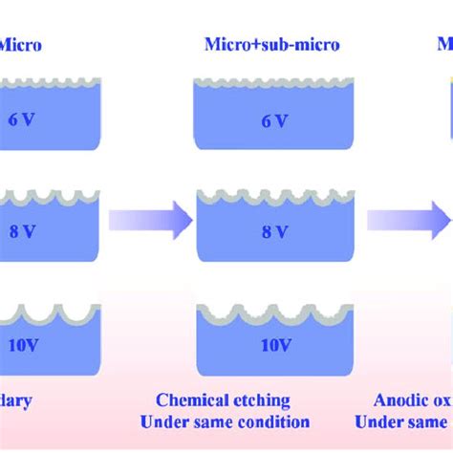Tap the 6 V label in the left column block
[29, 121]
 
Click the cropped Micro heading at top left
[19, 44]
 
